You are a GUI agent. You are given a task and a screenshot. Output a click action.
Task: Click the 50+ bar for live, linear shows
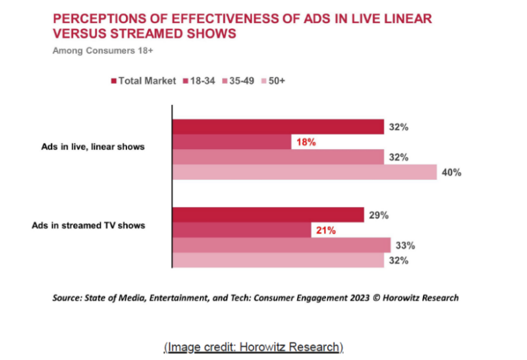[x=304, y=172]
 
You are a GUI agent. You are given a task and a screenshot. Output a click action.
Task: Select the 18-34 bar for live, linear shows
[x=231, y=142]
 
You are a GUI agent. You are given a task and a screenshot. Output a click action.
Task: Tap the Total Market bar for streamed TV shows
[x=267, y=215]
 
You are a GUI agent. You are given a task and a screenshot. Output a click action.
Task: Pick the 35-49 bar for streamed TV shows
[x=281, y=245]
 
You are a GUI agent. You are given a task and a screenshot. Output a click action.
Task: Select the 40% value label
[x=451, y=172]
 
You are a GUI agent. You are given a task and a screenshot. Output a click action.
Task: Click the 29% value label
[x=379, y=215]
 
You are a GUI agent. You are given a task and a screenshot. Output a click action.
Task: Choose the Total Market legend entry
[x=144, y=80]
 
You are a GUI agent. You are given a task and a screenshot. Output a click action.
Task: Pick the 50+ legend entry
[x=273, y=80]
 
